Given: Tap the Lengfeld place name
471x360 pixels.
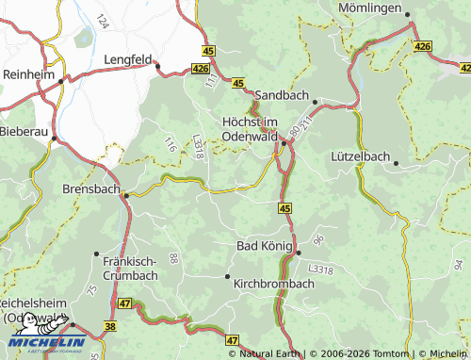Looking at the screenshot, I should (x=127, y=58).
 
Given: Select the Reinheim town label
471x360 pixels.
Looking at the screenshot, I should (x=27, y=74).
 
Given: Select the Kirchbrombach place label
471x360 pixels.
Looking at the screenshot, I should (x=273, y=283).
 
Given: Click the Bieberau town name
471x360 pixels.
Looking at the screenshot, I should (x=23, y=131).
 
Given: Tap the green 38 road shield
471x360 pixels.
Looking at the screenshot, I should (x=110, y=327).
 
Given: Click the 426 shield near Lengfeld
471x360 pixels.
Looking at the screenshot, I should (x=199, y=68).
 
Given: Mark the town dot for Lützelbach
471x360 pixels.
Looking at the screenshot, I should (x=397, y=164).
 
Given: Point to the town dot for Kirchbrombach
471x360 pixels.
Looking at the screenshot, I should (x=227, y=276).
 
